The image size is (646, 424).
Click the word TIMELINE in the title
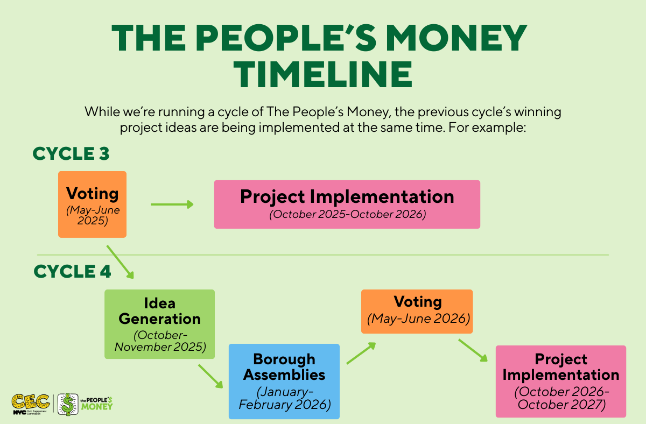(323, 74)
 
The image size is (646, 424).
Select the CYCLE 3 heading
(71, 153)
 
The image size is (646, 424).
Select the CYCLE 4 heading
(72, 271)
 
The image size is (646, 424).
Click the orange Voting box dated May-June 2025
(92, 204)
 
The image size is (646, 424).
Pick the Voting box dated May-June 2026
(417, 312)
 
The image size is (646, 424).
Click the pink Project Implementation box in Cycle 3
(347, 204)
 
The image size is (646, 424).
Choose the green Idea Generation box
(159, 324)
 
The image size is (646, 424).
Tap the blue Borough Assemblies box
(284, 381)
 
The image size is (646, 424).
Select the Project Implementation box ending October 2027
(561, 381)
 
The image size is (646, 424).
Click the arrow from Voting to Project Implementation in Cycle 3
(172, 204)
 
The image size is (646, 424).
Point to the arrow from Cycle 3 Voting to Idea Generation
(120, 262)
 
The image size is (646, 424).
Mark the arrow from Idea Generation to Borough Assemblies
(210, 377)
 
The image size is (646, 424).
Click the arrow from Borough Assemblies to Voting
(361, 353)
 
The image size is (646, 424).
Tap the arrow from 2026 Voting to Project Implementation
(473, 350)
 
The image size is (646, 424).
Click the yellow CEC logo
(31, 404)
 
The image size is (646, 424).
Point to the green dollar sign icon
(68, 405)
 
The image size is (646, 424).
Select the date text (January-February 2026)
(285, 398)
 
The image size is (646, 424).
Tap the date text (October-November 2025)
(160, 341)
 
